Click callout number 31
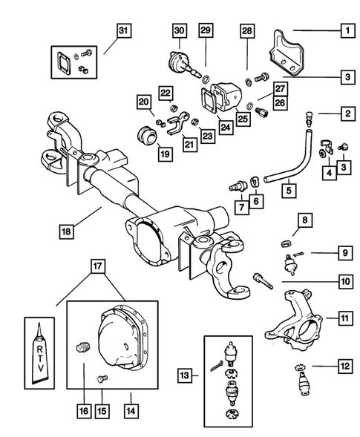click(x=123, y=30)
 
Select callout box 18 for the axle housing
click(x=66, y=231)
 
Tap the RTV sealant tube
click(x=39, y=353)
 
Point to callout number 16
click(x=84, y=411)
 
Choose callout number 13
click(x=185, y=375)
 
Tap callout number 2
click(x=347, y=114)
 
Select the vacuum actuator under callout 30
click(x=183, y=64)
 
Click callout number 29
click(x=206, y=30)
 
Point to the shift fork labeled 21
click(x=178, y=123)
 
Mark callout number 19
click(x=166, y=154)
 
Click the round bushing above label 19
click(x=148, y=136)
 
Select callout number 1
click(x=347, y=30)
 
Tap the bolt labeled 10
click(x=263, y=282)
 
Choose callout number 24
click(x=226, y=127)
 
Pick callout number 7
click(x=241, y=207)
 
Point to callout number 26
click(x=280, y=103)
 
